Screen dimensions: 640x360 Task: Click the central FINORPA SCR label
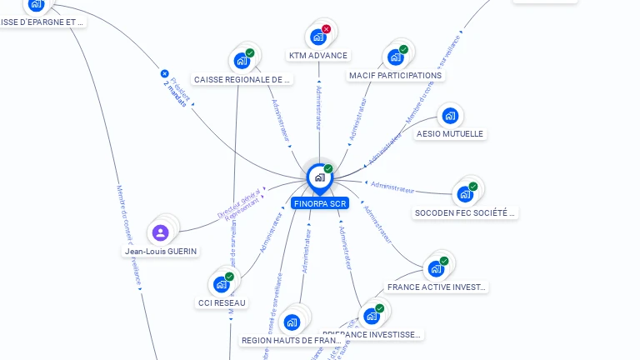click(x=319, y=203)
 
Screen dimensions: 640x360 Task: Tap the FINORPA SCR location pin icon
click(x=319, y=177)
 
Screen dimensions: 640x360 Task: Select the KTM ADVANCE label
click(x=317, y=56)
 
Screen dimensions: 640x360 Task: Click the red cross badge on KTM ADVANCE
click(x=327, y=29)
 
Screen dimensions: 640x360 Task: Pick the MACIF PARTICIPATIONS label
click(x=396, y=75)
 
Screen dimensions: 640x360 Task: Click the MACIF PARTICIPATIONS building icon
click(x=396, y=57)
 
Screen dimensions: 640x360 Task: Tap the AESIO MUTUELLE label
click(x=450, y=133)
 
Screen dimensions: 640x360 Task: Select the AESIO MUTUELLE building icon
click(x=450, y=116)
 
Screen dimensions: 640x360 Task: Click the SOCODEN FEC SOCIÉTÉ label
click(x=466, y=212)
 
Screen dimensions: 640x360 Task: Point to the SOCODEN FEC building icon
click(x=465, y=194)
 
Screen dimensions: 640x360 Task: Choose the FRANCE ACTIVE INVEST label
click(x=437, y=287)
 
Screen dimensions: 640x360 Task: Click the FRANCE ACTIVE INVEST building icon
click(x=436, y=269)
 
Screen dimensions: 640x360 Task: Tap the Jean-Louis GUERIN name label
click(x=161, y=251)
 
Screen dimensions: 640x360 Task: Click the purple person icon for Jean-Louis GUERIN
click(x=161, y=232)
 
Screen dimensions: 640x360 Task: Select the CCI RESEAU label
click(x=222, y=302)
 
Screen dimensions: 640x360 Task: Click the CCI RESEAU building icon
click(x=222, y=284)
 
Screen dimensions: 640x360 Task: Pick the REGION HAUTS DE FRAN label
click(x=291, y=340)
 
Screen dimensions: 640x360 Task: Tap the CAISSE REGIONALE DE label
click(x=242, y=79)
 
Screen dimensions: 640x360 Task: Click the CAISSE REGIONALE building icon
click(x=242, y=61)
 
